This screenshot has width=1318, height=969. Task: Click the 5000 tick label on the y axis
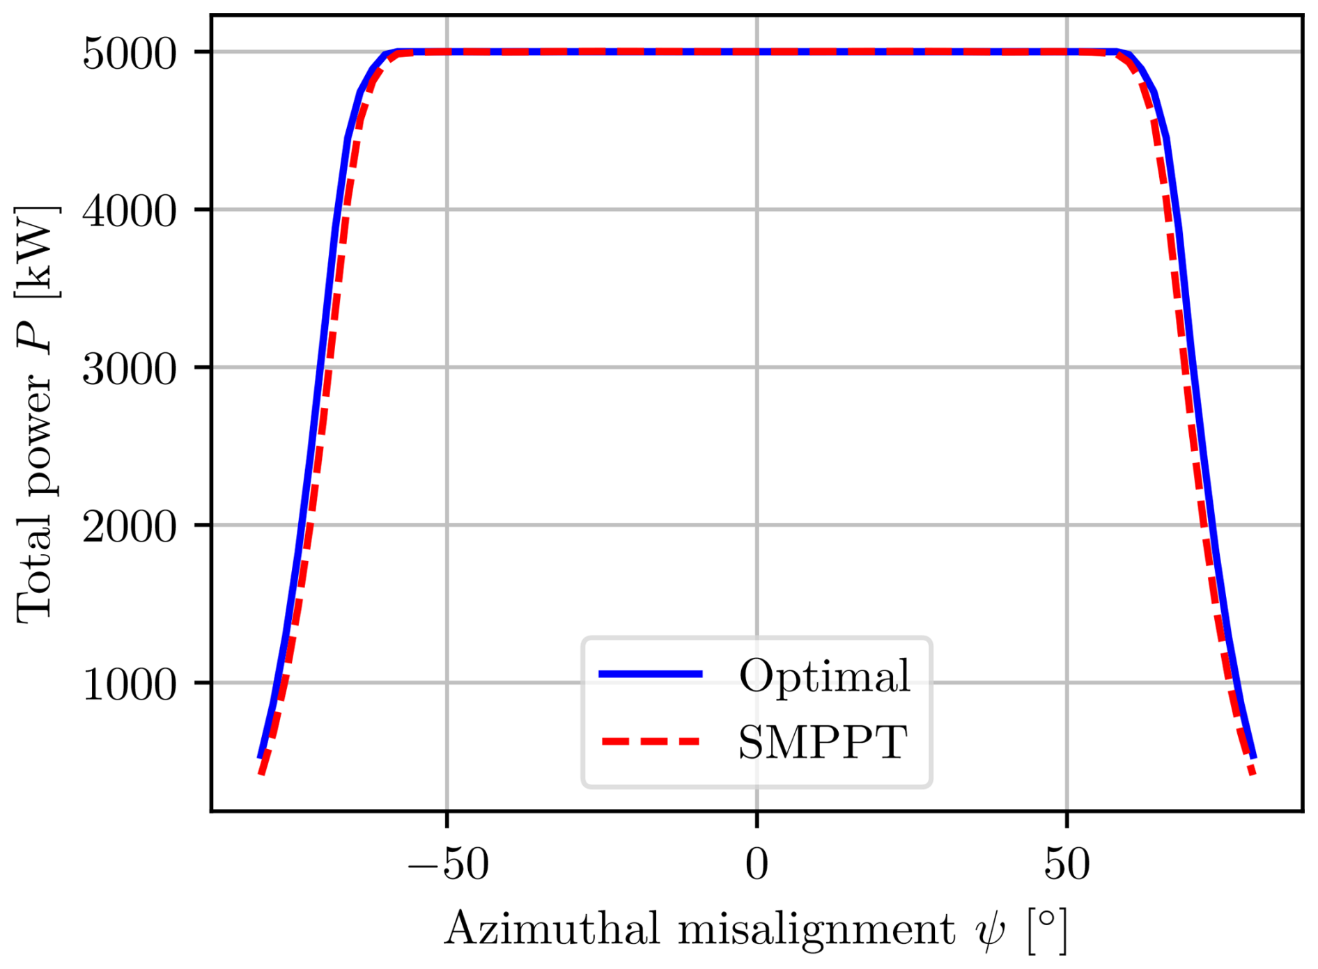130,54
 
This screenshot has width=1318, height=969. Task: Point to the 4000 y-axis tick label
130,211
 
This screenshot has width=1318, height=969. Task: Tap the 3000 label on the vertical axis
130,369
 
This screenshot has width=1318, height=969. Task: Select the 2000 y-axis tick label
130,526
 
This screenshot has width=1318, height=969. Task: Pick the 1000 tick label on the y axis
130,684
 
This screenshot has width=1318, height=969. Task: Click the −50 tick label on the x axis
448,865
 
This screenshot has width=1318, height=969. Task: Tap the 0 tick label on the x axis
757,865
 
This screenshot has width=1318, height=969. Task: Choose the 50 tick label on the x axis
1067,865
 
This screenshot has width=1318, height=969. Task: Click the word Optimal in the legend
824,675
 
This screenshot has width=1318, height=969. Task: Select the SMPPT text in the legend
823,742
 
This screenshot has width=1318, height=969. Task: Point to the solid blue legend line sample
651,673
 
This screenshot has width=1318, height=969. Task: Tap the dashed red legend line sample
651,741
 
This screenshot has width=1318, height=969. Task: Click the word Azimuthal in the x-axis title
551,929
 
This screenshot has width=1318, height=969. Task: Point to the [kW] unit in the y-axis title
36,252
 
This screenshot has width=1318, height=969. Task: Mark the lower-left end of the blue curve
260,757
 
